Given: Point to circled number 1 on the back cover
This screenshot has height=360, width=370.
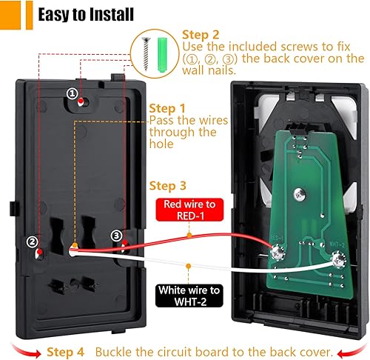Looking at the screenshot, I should tap(72, 94).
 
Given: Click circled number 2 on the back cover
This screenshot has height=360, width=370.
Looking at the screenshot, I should tap(32, 241).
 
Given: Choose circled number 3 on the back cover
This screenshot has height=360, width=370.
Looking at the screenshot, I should tap(115, 236).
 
